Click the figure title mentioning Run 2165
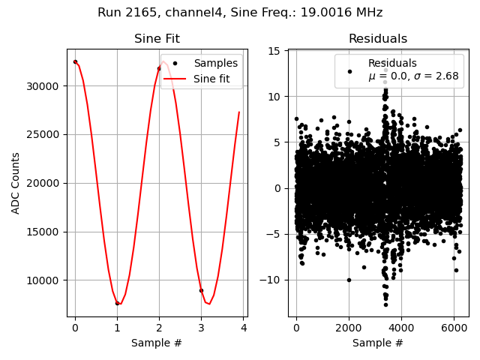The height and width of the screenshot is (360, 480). pos(240,13)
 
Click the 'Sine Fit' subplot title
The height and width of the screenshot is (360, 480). pos(157,39)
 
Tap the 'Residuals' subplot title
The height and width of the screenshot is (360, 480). pos(378,39)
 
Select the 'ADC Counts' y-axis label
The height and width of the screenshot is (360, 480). pos(16,183)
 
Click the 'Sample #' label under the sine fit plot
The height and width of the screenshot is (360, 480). pos(157,343)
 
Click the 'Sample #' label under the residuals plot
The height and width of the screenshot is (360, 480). pos(378,343)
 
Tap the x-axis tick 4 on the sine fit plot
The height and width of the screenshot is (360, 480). pos(243,328)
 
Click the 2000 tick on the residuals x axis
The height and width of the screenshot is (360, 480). pos(349,328)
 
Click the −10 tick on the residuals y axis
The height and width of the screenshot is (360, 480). pos(274,280)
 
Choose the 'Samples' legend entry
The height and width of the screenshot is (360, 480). pos(215,64)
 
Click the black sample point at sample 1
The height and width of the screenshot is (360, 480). pos(117,303)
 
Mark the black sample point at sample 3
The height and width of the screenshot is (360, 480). pos(201,290)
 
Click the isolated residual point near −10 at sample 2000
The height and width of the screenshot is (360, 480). pos(349,280)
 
